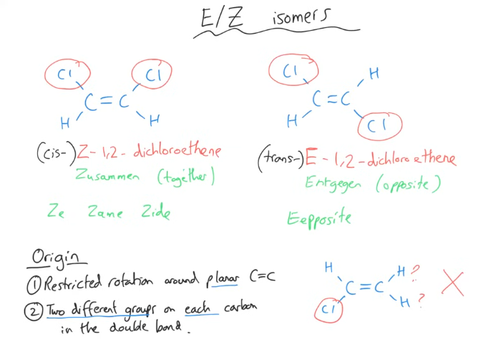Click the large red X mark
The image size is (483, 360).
[x=452, y=282]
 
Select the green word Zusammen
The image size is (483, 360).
[x=107, y=176]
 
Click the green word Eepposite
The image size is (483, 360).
[x=319, y=218]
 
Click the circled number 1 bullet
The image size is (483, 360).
[x=34, y=285]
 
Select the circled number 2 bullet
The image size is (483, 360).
[x=34, y=311]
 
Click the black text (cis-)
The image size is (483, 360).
[x=56, y=152]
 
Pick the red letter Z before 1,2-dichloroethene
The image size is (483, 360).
[x=83, y=151]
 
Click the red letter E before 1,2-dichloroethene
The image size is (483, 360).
[x=311, y=157]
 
